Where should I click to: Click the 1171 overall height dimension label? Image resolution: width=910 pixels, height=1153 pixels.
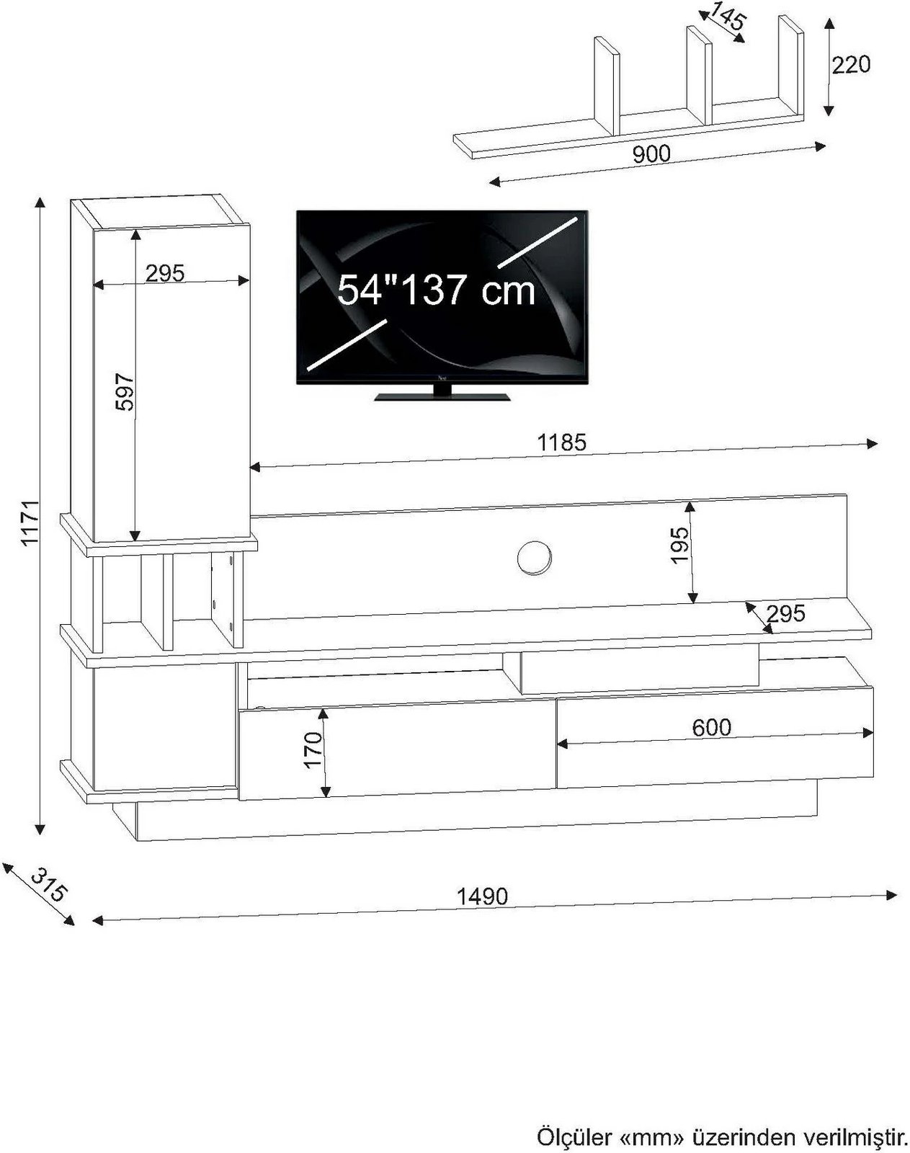click(29, 522)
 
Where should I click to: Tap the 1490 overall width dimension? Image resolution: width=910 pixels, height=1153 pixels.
click(482, 896)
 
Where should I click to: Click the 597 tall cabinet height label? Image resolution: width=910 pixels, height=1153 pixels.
click(125, 391)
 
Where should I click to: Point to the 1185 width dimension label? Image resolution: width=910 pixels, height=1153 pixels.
click(562, 442)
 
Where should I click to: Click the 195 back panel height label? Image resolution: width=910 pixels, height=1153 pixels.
click(679, 546)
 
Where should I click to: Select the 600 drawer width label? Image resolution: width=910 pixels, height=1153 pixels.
click(711, 727)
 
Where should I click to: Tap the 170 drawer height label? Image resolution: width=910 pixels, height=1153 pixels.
click(313, 749)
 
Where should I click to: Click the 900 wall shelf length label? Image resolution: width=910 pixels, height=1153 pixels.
click(651, 153)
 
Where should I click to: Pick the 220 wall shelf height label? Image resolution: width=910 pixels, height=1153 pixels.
click(851, 65)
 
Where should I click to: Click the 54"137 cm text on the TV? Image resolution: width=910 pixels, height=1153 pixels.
click(437, 290)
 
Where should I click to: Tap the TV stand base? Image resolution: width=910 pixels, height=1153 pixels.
click(442, 395)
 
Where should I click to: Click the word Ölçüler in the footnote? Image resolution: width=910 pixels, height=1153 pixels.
click(574, 1137)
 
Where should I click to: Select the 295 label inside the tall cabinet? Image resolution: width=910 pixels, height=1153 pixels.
click(165, 272)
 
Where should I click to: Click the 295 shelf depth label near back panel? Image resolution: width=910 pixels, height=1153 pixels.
click(785, 613)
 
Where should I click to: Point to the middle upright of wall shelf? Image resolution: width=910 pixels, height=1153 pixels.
click(698, 76)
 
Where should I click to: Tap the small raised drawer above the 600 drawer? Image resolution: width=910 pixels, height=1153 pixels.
click(638, 670)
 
